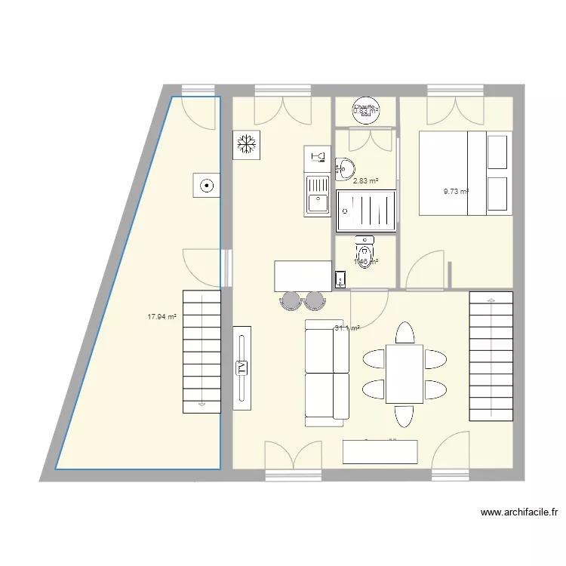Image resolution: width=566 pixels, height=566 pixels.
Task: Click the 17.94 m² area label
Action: (161, 318)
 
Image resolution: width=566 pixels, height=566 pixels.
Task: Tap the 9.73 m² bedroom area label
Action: (456, 192)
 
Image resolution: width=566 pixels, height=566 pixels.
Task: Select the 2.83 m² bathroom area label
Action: (365, 181)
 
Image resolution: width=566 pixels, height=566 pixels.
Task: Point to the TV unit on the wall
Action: (242, 368)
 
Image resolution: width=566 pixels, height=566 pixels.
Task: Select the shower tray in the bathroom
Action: (366, 208)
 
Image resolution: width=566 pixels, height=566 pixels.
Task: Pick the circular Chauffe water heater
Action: (366, 112)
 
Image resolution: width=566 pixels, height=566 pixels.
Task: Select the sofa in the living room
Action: (327, 370)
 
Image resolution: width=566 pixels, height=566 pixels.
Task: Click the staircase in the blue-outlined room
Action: (201, 351)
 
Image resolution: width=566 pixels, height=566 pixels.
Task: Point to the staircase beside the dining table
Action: (491, 356)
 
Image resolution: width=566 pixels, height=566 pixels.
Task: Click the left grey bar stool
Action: (291, 300)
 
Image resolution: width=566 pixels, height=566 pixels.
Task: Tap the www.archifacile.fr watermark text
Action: (520, 512)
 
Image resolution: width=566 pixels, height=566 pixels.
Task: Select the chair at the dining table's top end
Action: (405, 333)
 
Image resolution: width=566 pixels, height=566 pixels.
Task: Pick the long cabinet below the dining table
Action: (380, 452)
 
